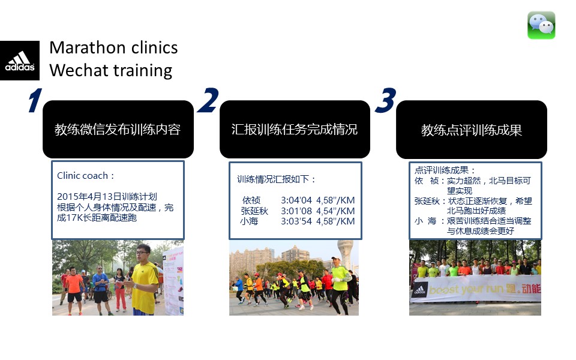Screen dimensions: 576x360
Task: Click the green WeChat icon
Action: [541, 25]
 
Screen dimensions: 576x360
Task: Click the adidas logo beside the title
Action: [20, 61]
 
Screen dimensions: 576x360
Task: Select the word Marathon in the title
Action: [88, 48]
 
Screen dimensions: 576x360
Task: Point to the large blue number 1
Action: [35, 100]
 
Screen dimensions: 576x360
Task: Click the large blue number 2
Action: [208, 100]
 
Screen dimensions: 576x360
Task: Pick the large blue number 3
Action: [386, 100]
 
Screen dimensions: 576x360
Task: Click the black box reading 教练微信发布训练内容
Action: [118, 130]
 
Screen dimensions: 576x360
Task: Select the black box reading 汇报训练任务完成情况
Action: [295, 130]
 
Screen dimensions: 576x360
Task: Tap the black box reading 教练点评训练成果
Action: [472, 130]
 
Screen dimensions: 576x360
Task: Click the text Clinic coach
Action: [83, 176]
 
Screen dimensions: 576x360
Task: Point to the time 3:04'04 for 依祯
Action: [296, 200]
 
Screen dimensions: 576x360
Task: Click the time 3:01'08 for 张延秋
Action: [296, 211]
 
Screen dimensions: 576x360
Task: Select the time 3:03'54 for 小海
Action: [296, 221]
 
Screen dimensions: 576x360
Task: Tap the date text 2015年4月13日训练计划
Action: [107, 197]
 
